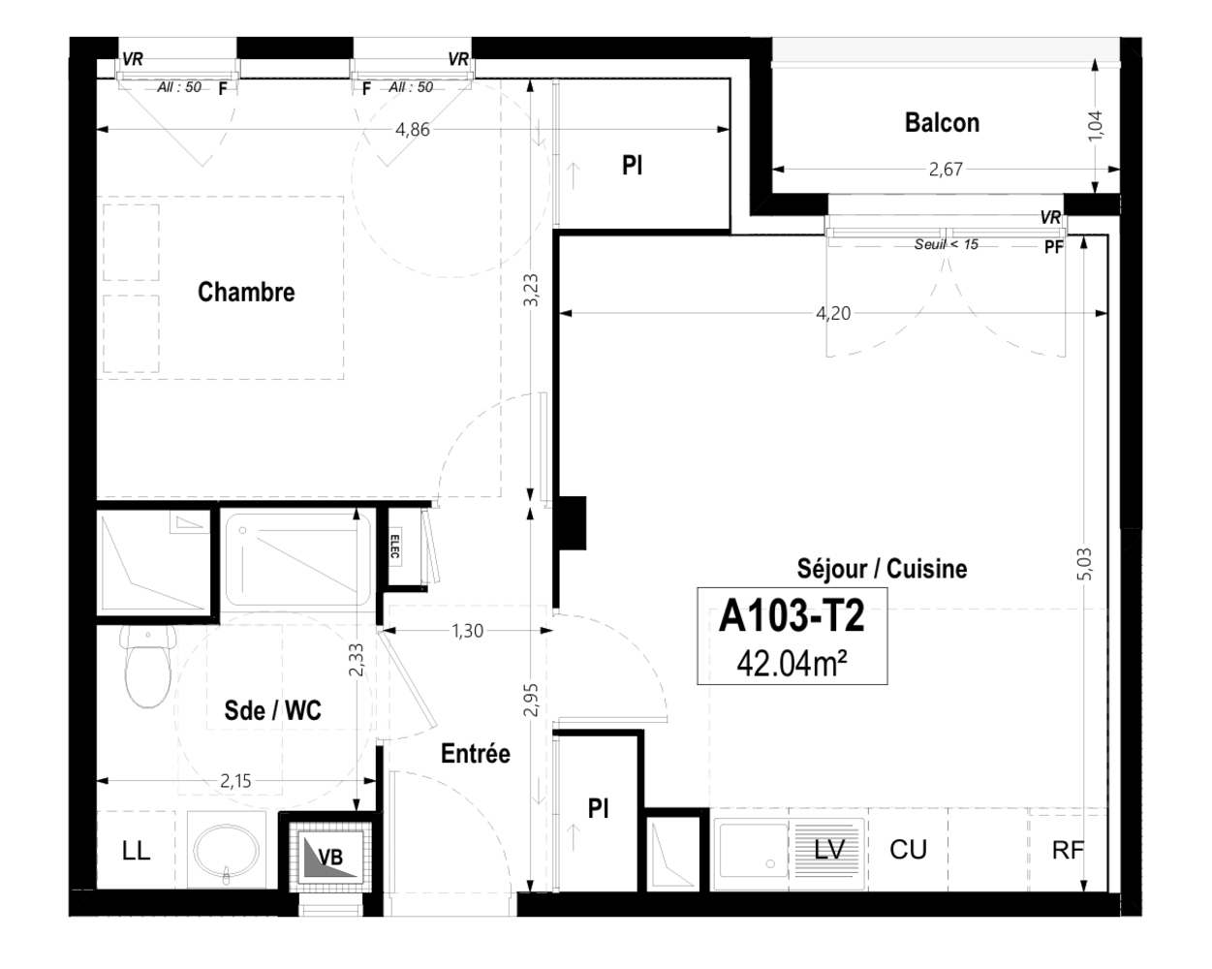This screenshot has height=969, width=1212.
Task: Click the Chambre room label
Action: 246,292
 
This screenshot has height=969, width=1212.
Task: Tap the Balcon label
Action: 942,123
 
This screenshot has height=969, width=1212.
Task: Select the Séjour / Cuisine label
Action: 882,569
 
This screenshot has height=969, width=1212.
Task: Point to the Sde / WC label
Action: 272,710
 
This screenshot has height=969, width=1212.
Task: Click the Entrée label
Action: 475,753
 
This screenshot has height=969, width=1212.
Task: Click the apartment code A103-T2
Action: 791,617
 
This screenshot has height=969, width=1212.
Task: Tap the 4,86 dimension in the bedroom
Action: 412,130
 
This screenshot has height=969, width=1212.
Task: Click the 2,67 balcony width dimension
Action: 946,170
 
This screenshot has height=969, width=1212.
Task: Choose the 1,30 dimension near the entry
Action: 467,631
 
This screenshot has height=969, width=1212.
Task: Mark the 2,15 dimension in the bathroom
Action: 236,781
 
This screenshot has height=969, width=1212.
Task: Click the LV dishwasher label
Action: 829,850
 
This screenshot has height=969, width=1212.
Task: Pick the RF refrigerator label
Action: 1068,851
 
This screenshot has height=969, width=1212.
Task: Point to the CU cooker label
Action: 908,850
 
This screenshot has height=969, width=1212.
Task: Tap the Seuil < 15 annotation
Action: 946,245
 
